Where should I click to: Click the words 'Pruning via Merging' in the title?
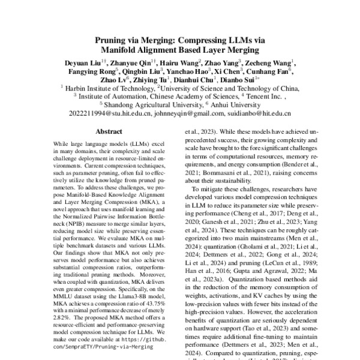(133, 41)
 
